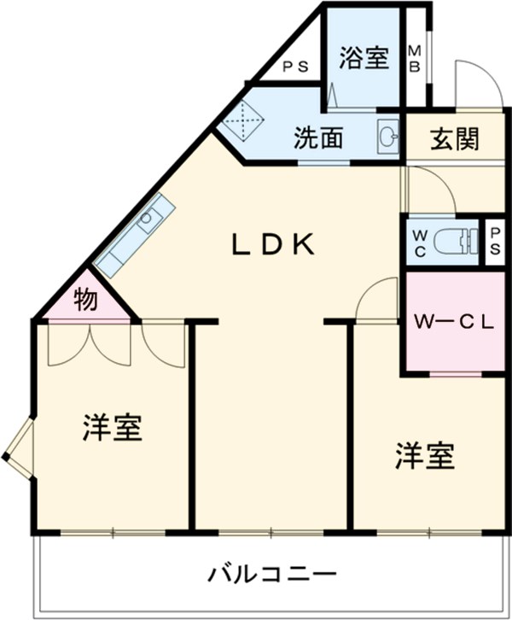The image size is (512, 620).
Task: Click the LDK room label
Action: pos(275,244)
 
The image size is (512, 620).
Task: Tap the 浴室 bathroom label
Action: pos(364,58)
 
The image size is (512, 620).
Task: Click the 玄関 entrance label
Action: pos(453,137)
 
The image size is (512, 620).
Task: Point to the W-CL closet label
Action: pos(453,322)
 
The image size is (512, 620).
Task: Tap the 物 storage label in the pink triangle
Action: pos(85,300)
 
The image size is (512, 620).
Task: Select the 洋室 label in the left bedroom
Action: pos(112,428)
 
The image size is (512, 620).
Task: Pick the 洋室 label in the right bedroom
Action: pos(424,456)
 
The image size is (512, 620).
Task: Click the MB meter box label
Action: pos(414,58)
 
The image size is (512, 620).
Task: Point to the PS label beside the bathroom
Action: pos(295,65)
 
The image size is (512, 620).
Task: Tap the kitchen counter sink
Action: pos(148,217)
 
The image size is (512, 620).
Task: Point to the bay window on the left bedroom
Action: pos(18,449)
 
